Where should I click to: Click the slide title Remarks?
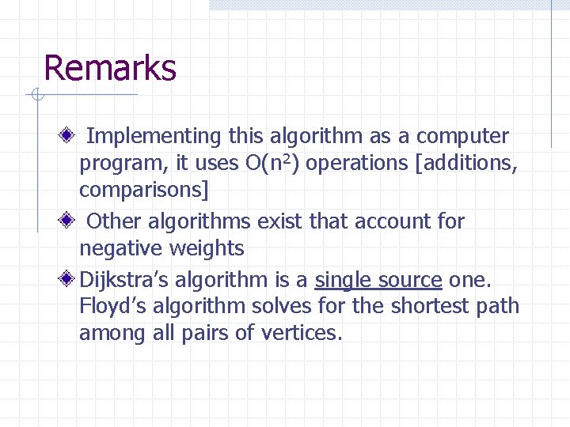(x=110, y=68)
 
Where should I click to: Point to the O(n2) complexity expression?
(x=274, y=163)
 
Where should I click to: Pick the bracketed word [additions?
(x=466, y=164)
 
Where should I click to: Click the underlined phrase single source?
(x=378, y=280)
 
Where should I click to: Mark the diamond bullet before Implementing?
(x=70, y=134)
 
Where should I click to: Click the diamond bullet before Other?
(x=70, y=220)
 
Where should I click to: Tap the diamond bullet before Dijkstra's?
(x=70, y=278)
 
